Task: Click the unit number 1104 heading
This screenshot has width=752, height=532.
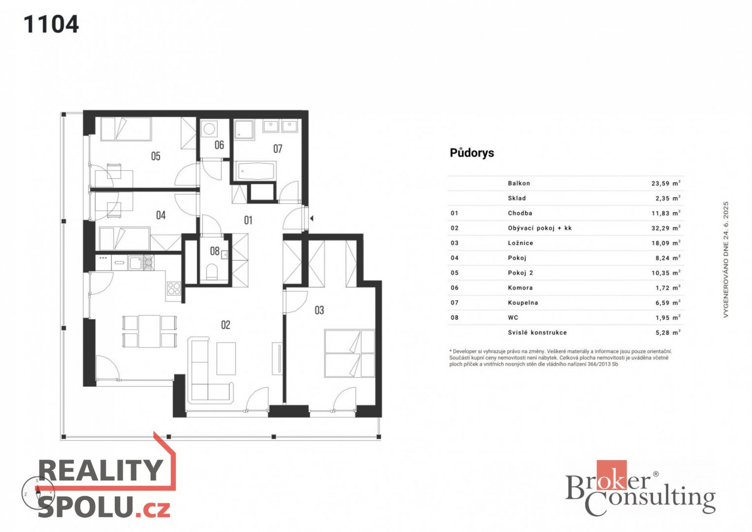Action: [x=51, y=24]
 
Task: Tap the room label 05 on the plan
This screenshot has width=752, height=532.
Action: [x=155, y=156]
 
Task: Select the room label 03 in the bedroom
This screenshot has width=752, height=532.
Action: [x=319, y=310]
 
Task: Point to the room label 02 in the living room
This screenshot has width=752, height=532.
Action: [x=226, y=325]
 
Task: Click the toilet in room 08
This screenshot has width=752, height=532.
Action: [x=211, y=271]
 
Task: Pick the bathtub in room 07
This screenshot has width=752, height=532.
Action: [x=256, y=171]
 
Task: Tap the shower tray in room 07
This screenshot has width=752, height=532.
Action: [x=244, y=130]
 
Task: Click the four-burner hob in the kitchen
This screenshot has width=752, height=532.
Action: [x=174, y=289]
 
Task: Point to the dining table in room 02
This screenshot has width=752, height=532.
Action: [x=149, y=331]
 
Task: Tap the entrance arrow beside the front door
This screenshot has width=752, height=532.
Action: [x=312, y=218]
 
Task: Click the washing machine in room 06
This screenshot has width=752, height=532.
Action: [x=210, y=129]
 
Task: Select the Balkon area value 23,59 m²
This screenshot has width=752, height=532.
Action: [x=666, y=183]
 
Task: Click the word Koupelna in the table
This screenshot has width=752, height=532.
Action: [x=523, y=302]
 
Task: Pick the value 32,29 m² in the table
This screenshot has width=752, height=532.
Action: [x=666, y=228]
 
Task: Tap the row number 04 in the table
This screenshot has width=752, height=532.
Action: [x=454, y=258]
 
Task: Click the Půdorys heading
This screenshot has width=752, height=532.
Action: [x=472, y=153]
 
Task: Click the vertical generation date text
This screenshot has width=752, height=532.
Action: [x=726, y=259]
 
